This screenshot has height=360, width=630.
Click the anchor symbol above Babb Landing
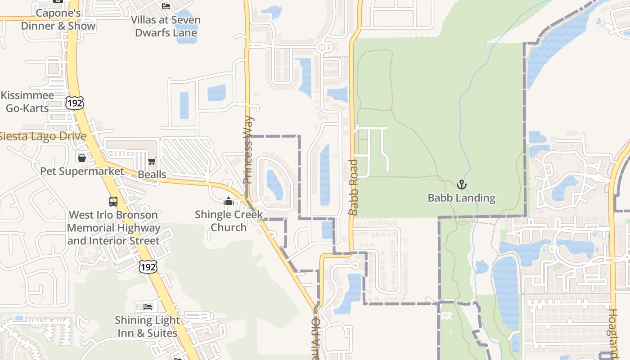click(x=462, y=184)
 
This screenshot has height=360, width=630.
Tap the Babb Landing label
click(x=461, y=198)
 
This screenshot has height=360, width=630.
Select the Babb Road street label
click(x=353, y=187)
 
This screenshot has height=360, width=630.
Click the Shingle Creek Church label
click(x=229, y=220)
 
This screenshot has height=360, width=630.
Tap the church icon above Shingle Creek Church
click(x=229, y=201)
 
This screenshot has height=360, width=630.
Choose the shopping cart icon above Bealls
click(x=152, y=162)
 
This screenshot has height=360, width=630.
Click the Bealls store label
click(x=152, y=175)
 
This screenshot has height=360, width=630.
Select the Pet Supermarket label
click(x=82, y=171)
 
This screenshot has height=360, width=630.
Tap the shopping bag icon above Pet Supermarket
click(x=82, y=158)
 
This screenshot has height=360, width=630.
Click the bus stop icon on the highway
click(x=113, y=202)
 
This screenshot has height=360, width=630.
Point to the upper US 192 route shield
click(x=74, y=103)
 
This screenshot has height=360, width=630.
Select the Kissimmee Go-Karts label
click(x=27, y=102)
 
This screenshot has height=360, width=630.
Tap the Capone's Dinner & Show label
click(x=58, y=19)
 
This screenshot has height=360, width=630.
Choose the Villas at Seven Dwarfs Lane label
click(x=166, y=26)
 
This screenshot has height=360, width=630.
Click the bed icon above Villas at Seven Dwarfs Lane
click(x=166, y=6)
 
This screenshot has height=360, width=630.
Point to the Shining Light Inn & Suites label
click(x=147, y=327)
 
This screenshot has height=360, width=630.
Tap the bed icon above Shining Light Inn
click(x=148, y=307)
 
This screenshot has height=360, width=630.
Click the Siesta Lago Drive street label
click(x=43, y=136)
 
